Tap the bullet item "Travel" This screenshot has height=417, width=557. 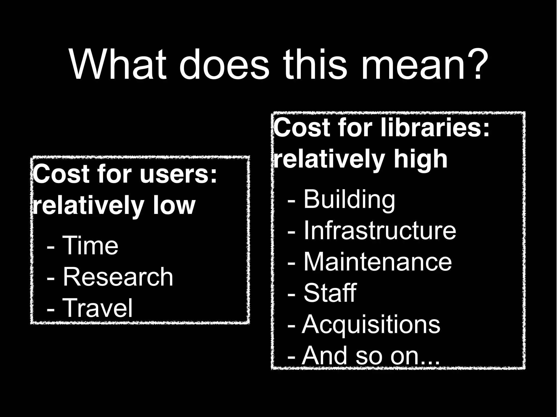click(97, 308)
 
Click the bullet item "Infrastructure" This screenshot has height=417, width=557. click(379, 231)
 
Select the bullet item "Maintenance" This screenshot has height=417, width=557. click(377, 262)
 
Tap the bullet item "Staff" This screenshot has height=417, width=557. click(330, 293)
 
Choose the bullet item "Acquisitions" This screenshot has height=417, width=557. click(371, 324)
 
